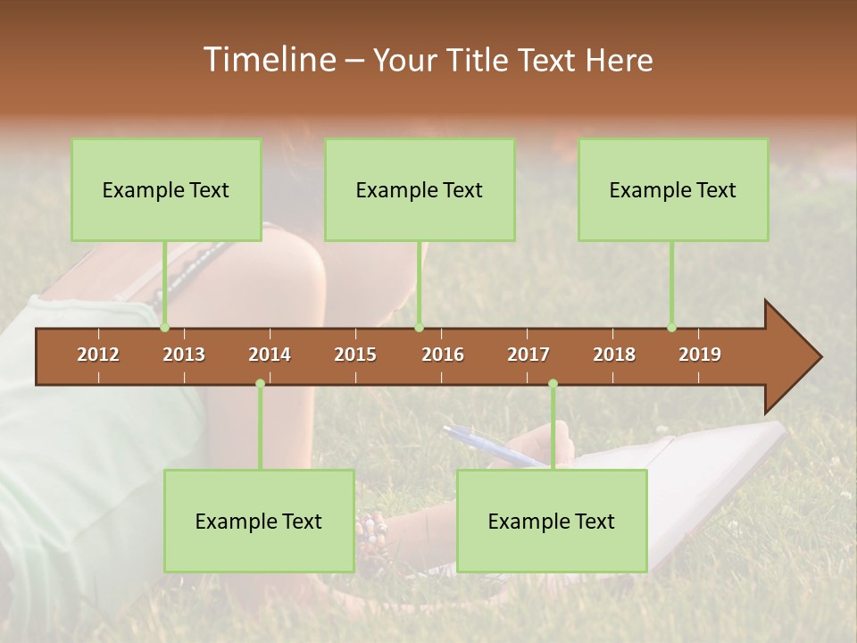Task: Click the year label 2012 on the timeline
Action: (x=98, y=355)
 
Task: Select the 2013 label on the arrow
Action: (x=184, y=355)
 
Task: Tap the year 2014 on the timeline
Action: (x=270, y=355)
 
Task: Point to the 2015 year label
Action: (x=355, y=355)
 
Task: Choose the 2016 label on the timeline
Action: (x=443, y=355)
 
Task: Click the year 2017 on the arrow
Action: (x=528, y=355)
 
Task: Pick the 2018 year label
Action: (x=614, y=355)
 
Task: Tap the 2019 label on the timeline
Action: (x=700, y=355)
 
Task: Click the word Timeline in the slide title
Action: (x=268, y=60)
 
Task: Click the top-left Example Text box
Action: (x=166, y=189)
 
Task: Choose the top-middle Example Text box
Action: (x=420, y=189)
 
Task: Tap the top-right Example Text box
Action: (x=673, y=189)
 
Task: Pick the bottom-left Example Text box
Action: (x=259, y=521)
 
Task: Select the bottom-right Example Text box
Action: (x=552, y=521)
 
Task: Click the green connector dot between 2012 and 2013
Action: (x=165, y=328)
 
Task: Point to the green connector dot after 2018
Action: (x=672, y=328)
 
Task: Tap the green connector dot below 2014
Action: (x=260, y=384)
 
